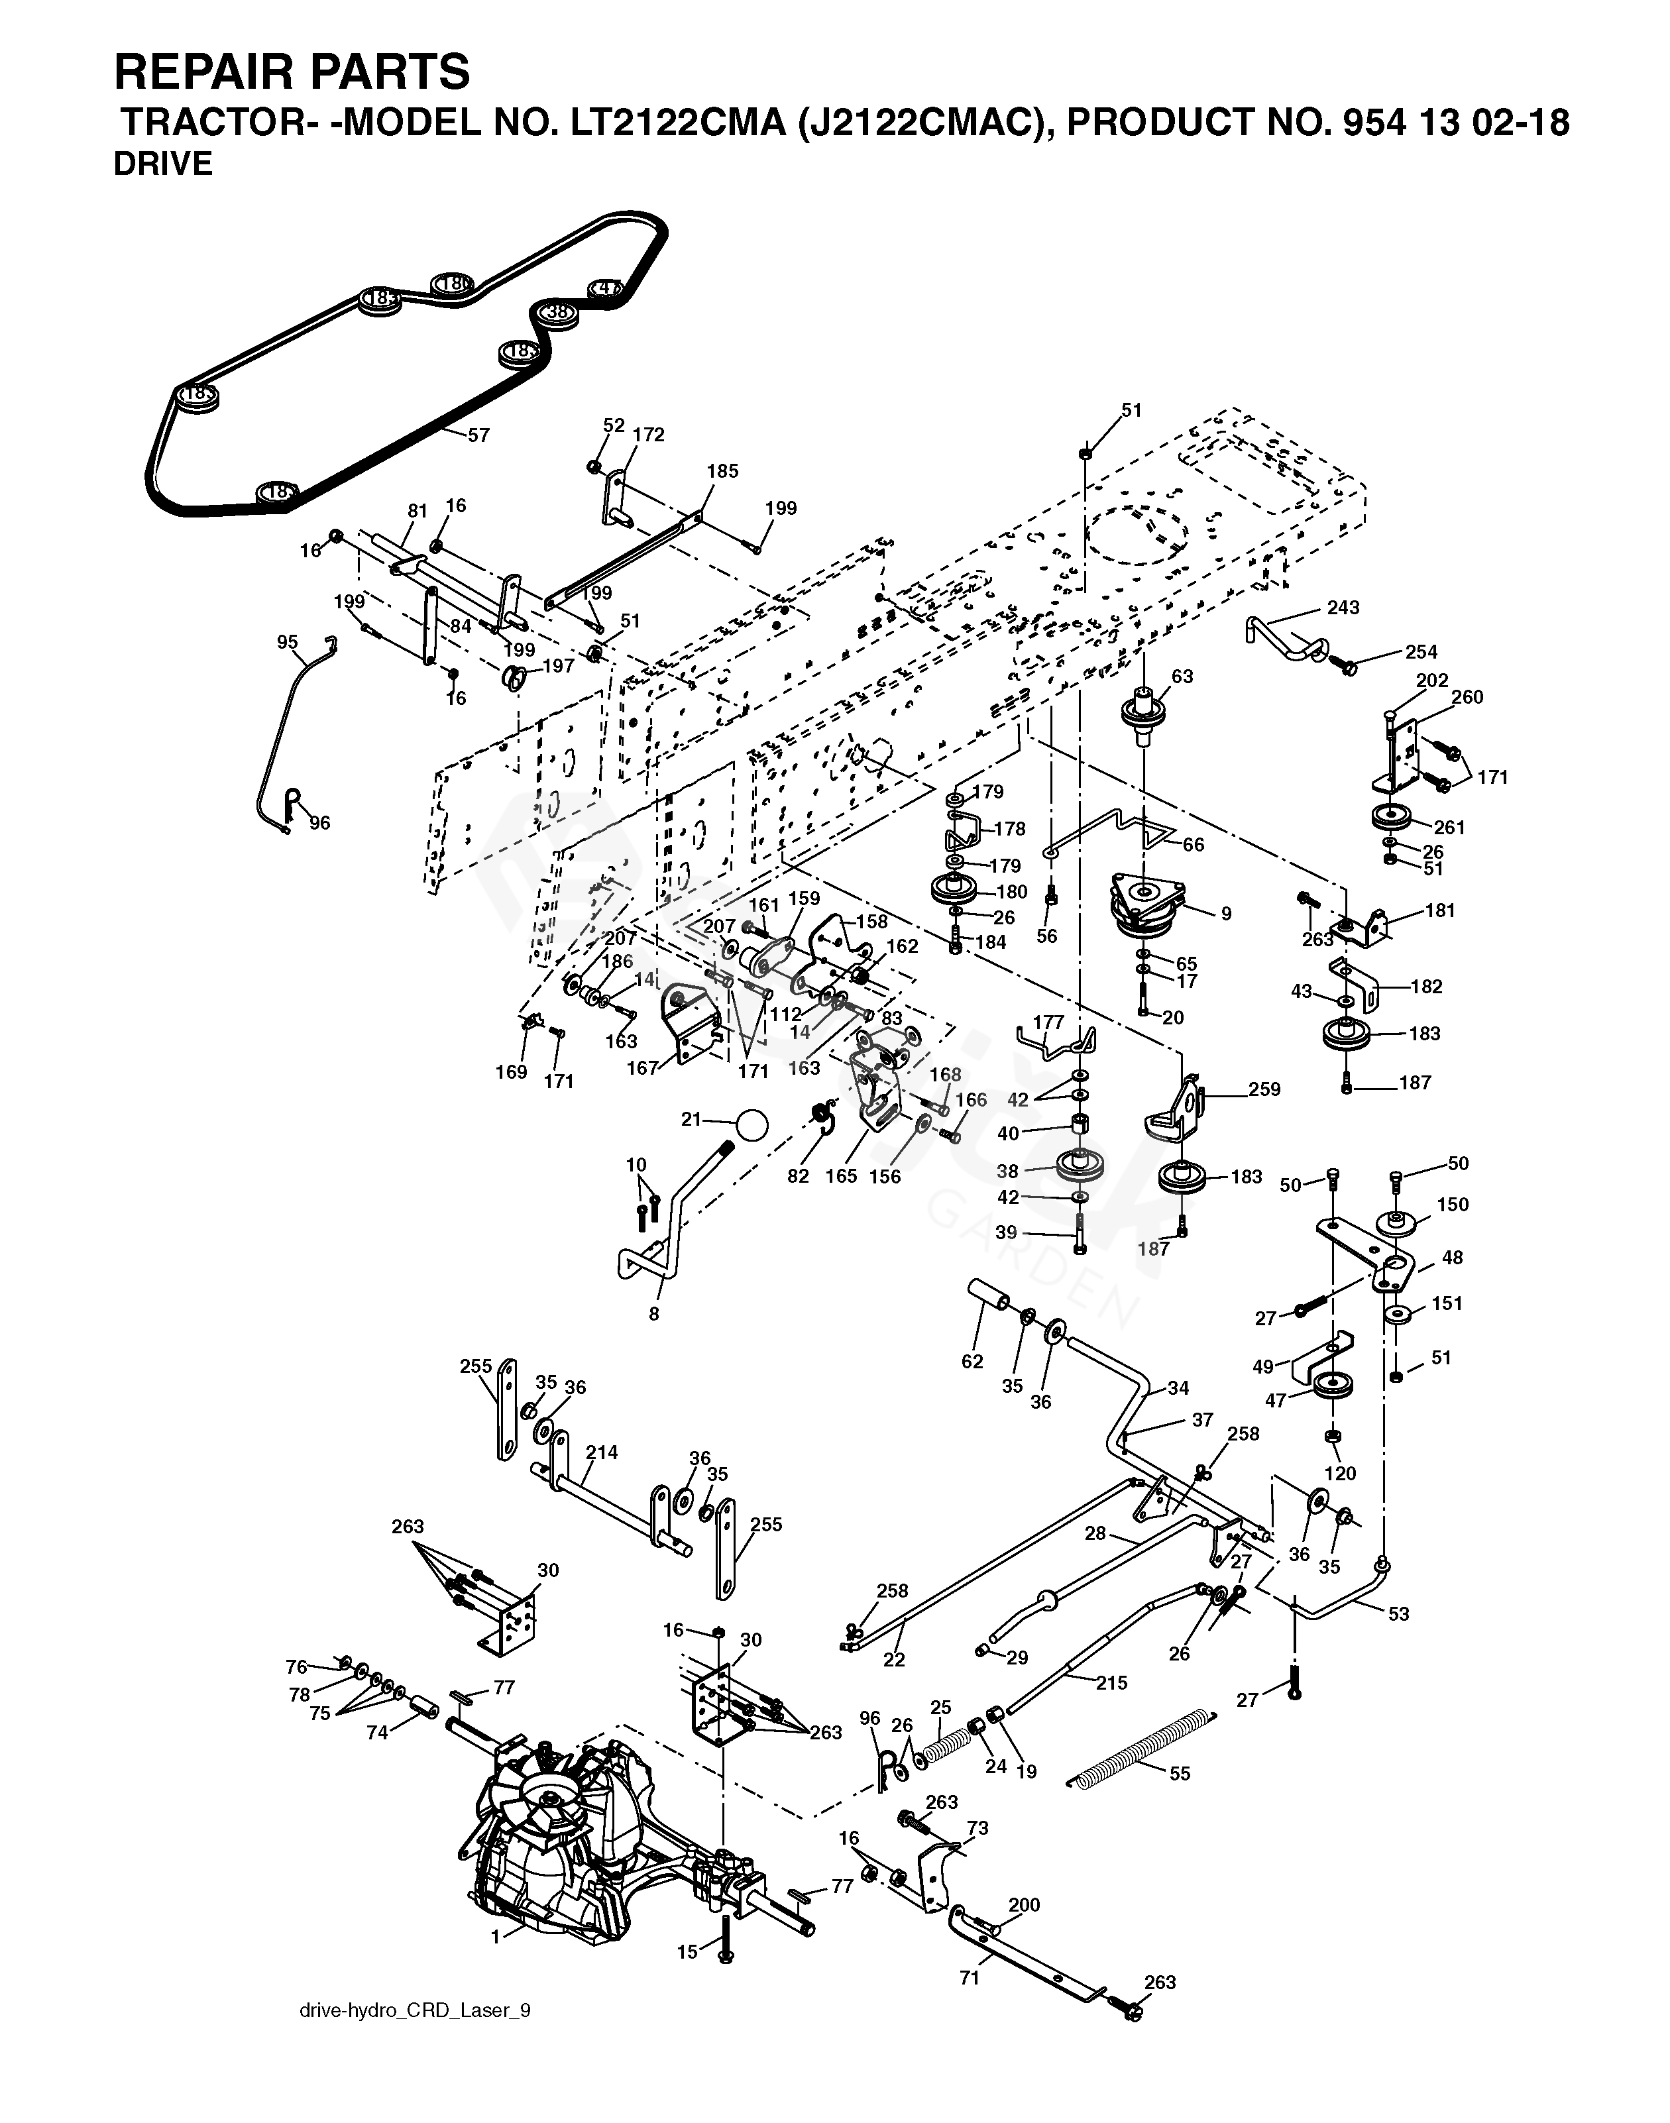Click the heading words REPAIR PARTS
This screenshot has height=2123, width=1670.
[292, 72]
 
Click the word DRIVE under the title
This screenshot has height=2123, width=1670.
[162, 164]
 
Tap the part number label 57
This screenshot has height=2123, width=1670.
[478, 435]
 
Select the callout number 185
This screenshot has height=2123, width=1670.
[722, 470]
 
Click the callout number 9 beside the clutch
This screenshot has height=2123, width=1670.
[1225, 914]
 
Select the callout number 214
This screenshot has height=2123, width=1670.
[602, 1452]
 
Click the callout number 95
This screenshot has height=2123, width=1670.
[288, 642]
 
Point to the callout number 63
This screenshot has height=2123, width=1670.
[1182, 677]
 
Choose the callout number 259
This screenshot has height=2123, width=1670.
[1264, 1089]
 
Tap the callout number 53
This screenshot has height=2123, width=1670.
[1398, 1613]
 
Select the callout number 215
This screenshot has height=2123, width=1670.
[1112, 1683]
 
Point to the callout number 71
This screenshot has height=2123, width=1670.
[969, 1979]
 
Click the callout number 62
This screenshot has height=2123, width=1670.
[972, 1362]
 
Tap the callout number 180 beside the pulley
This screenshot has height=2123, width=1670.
[1011, 891]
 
